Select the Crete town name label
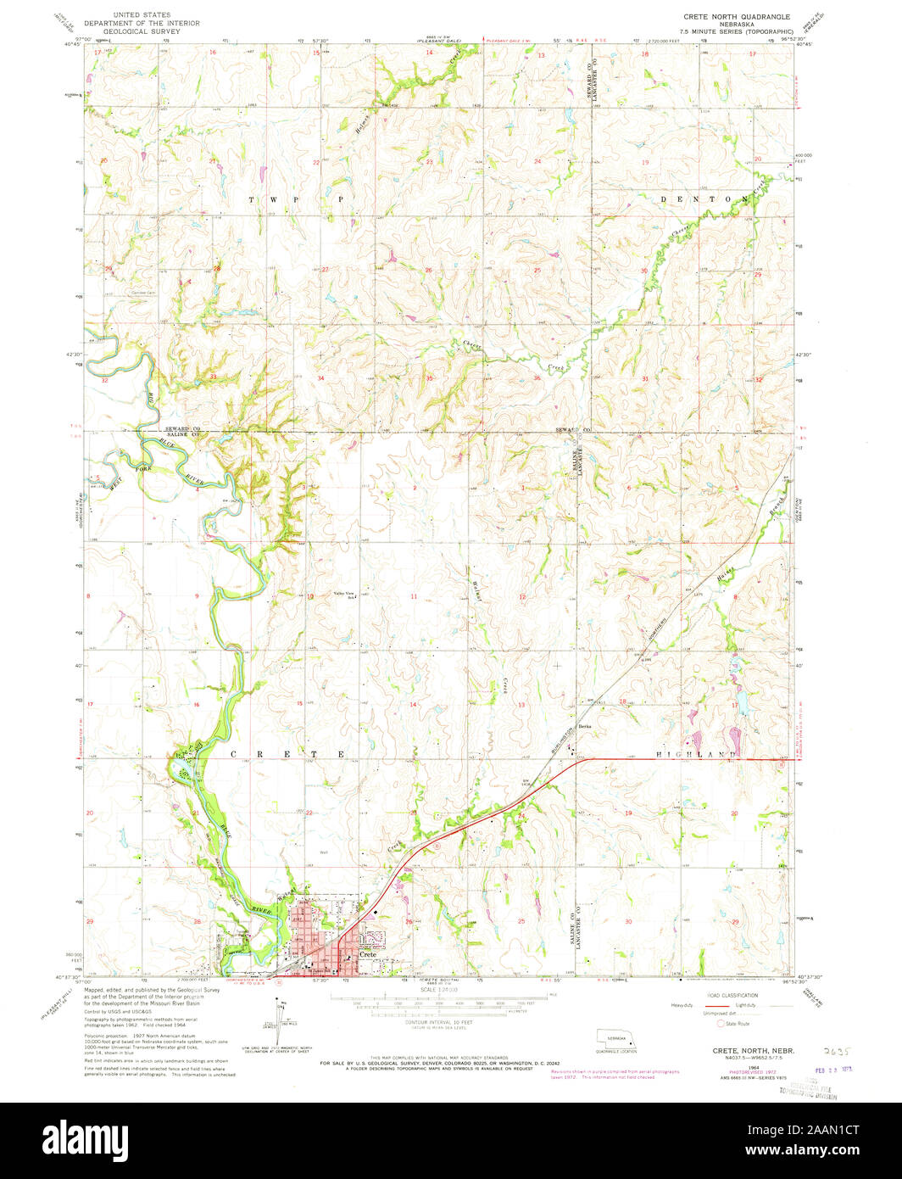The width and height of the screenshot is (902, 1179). point(367,954)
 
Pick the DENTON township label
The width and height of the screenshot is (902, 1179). point(704,198)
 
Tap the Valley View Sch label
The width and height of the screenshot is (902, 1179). point(343,595)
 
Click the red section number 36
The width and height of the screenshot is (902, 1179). point(537,378)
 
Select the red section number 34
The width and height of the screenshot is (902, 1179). point(320,378)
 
